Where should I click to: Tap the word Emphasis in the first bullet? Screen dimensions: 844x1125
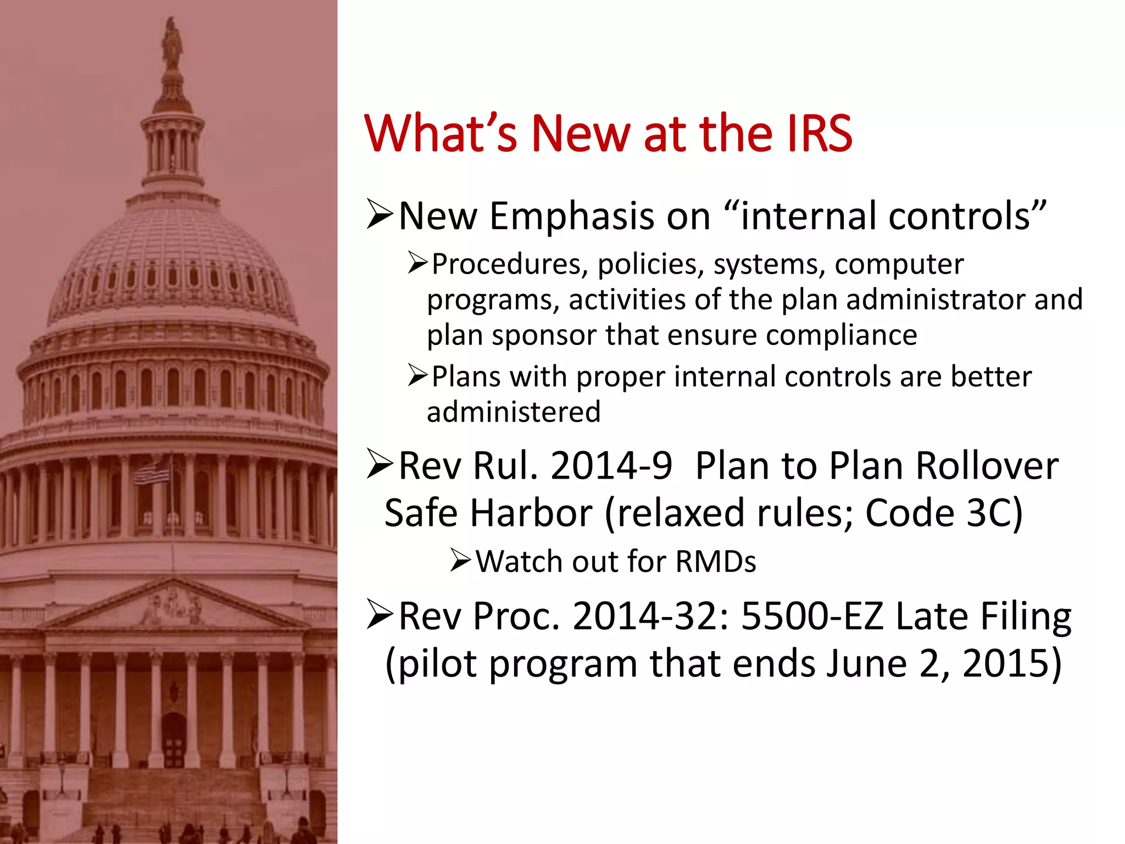(x=572, y=216)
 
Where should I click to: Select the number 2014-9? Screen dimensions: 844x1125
(x=611, y=466)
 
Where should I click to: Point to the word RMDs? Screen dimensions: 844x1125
(x=715, y=562)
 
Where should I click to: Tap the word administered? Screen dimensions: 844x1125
(x=514, y=412)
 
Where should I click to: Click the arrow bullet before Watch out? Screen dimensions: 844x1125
(x=460, y=561)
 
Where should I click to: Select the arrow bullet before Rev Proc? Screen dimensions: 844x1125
(x=380, y=615)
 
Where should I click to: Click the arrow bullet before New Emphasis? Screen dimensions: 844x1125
(x=380, y=215)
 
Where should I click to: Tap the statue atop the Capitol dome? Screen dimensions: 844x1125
(x=172, y=43)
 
